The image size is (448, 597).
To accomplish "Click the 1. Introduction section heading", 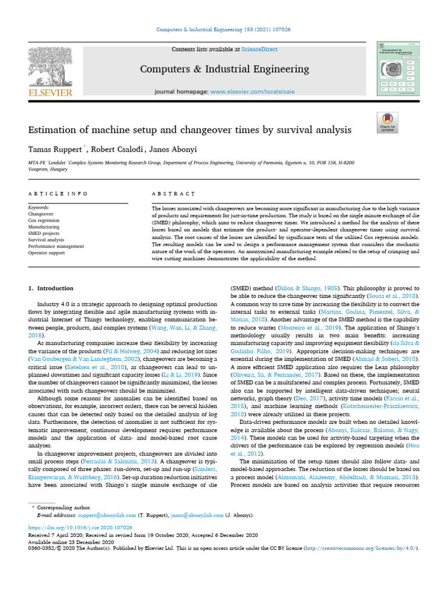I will point(51,289).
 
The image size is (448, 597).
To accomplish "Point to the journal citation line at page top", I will point(223,30).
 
